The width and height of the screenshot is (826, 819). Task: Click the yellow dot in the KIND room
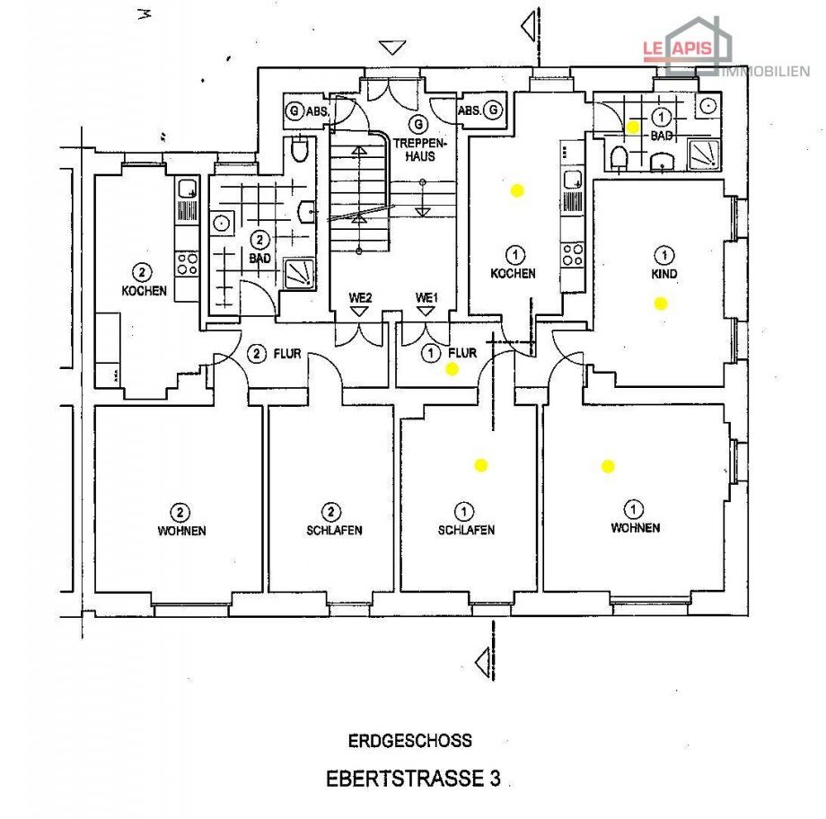pyautogui.click(x=661, y=303)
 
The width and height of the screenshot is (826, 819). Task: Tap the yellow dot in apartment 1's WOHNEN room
pyautogui.click(x=608, y=465)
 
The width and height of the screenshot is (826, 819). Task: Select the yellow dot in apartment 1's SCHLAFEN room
pyautogui.click(x=480, y=465)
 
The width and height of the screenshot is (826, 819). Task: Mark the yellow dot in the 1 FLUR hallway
pyautogui.click(x=453, y=368)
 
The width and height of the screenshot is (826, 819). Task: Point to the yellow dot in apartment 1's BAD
pyautogui.click(x=632, y=128)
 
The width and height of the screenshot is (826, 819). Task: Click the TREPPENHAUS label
pyautogui.click(x=417, y=148)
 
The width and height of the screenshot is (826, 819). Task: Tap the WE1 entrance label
pyautogui.click(x=426, y=297)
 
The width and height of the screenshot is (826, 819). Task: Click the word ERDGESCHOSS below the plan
pyautogui.click(x=410, y=741)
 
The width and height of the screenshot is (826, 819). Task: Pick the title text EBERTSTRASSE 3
pyautogui.click(x=412, y=779)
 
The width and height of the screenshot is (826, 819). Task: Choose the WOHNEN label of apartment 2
pyautogui.click(x=181, y=531)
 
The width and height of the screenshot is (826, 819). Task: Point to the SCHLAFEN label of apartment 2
pyautogui.click(x=334, y=531)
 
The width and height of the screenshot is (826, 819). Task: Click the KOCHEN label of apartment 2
pyautogui.click(x=145, y=291)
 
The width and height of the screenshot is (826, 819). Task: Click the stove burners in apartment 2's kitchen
pyautogui.click(x=187, y=263)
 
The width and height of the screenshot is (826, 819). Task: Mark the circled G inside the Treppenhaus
pyautogui.click(x=417, y=124)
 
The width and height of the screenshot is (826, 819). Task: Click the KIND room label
pyautogui.click(x=665, y=273)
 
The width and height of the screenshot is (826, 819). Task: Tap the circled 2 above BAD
pyautogui.click(x=259, y=240)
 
